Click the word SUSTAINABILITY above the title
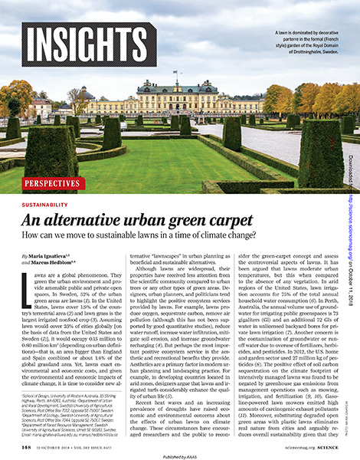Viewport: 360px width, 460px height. point(45,205)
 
